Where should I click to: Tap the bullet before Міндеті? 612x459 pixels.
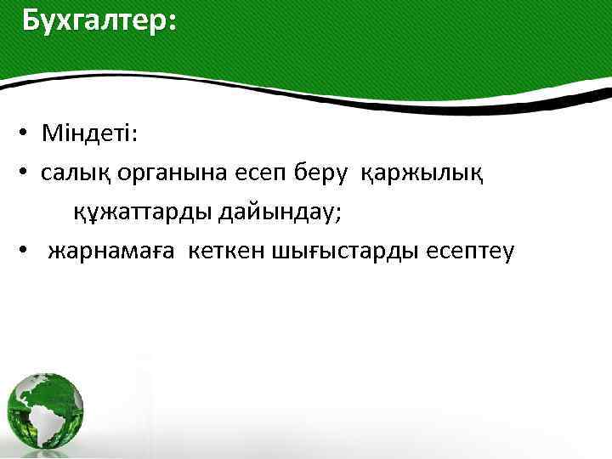click(27, 135)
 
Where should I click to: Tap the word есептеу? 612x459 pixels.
click(460, 252)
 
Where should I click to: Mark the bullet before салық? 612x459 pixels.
click(27, 174)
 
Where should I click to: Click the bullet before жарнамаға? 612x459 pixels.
click(27, 252)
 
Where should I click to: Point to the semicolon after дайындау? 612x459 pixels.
click(338, 214)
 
